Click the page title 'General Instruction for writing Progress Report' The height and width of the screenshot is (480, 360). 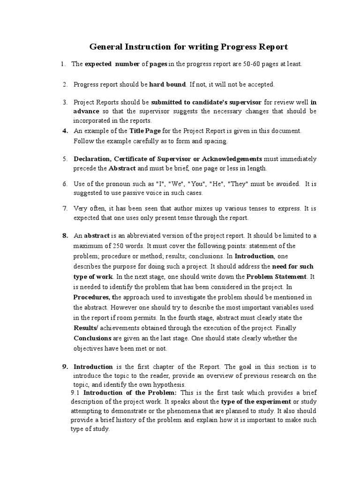[188, 47]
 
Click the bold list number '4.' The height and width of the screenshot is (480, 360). [66, 130]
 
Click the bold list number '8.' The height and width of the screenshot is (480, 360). [66, 236]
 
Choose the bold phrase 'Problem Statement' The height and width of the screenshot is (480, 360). [276, 277]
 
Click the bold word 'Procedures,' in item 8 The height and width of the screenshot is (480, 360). [93, 297]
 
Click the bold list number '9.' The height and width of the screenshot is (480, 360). [66, 367]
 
